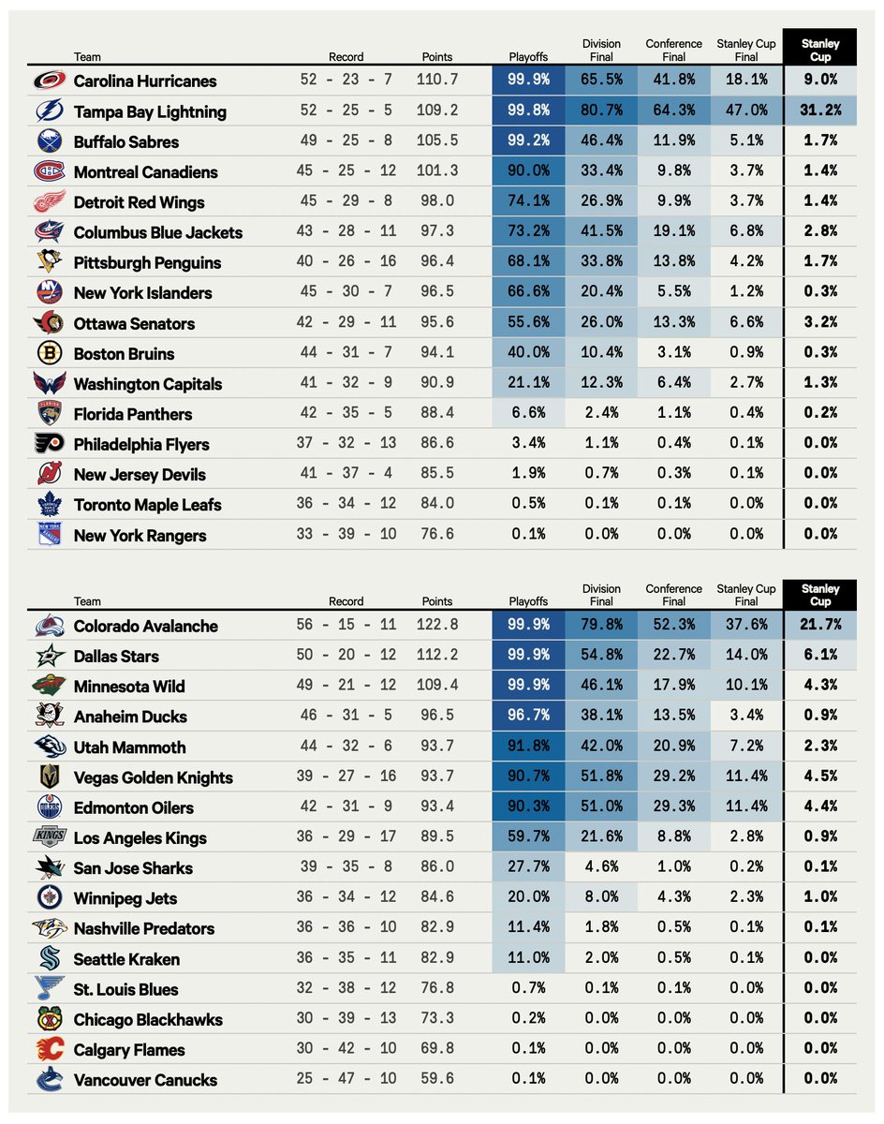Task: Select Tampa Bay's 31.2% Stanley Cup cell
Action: [819, 111]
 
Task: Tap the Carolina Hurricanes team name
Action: [145, 81]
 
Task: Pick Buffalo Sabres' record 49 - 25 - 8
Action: [347, 141]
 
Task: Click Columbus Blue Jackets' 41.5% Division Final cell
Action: [600, 232]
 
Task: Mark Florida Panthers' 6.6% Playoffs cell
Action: [528, 414]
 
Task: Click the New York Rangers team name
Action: [140, 536]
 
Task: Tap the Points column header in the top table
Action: [436, 56]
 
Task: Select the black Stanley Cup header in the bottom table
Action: [820, 595]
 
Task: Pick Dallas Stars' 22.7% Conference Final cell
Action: [673, 656]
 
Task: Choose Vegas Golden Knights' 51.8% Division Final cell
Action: [600, 777]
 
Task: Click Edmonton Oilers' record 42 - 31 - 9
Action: [347, 807]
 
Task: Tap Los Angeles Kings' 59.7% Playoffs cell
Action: [528, 837]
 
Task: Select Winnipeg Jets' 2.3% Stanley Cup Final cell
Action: [746, 898]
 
